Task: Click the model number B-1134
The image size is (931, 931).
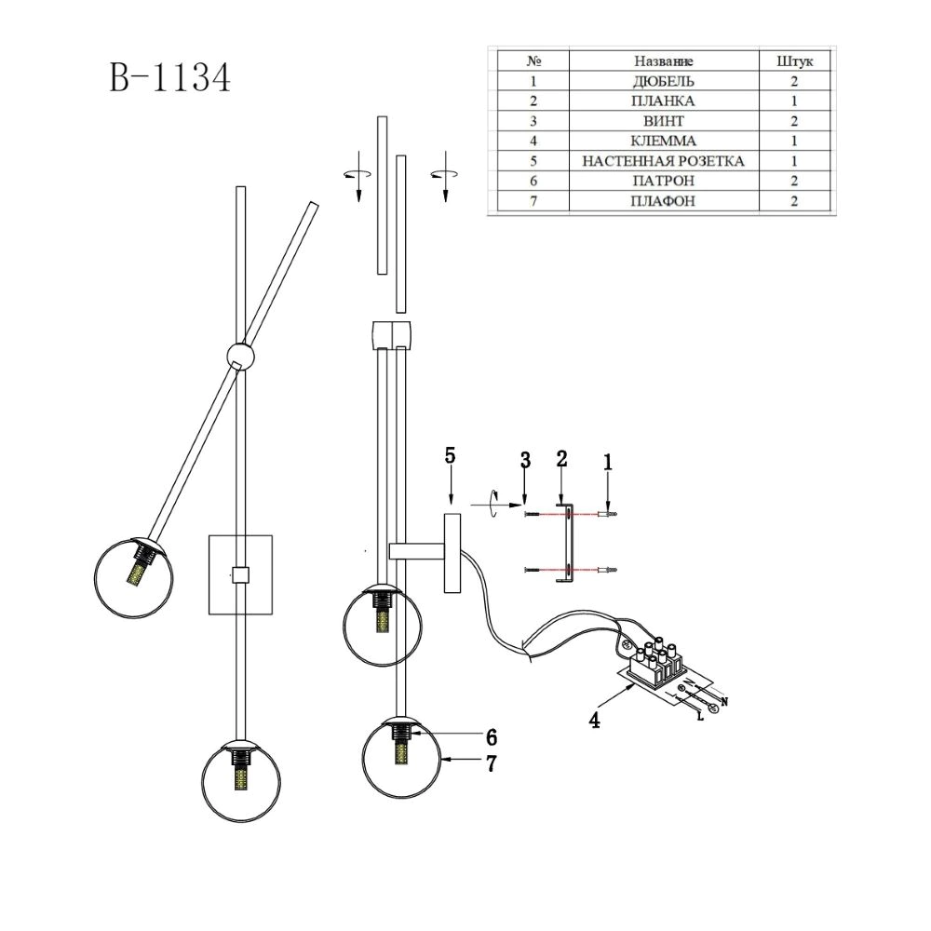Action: (169, 78)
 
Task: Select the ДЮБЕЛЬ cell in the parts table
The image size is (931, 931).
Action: (664, 81)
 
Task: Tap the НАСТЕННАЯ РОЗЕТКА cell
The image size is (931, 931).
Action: (663, 161)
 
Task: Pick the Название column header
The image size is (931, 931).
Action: (663, 61)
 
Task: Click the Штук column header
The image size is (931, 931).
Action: (795, 61)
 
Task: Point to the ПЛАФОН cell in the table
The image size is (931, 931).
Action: (663, 201)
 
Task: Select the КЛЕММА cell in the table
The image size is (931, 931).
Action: (663, 142)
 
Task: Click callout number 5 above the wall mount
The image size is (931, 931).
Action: (450, 456)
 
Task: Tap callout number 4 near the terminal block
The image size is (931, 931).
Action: (594, 720)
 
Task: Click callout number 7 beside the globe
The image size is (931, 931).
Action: (491, 763)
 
